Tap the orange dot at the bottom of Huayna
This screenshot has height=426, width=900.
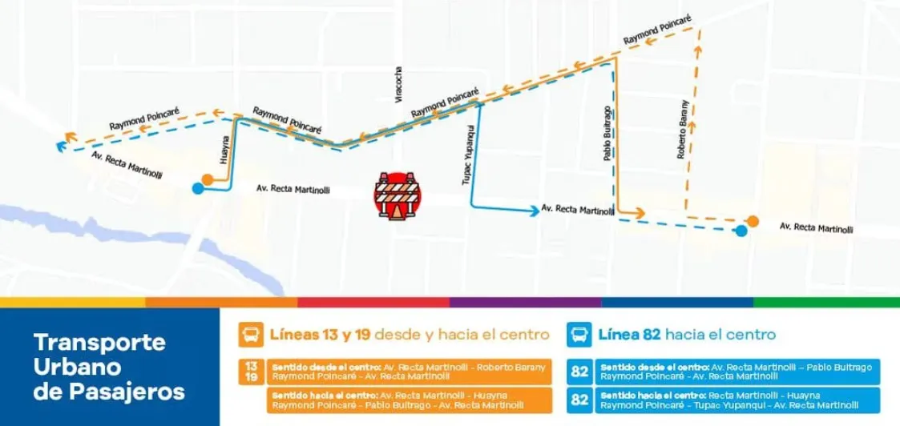208,179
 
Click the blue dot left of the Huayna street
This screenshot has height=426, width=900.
197,189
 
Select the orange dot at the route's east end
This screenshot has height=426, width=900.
753,221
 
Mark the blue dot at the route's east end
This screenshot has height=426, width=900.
741,231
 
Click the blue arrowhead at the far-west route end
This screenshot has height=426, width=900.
60,147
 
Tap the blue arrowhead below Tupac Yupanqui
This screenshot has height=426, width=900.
534,211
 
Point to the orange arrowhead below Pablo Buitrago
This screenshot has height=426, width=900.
640,212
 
